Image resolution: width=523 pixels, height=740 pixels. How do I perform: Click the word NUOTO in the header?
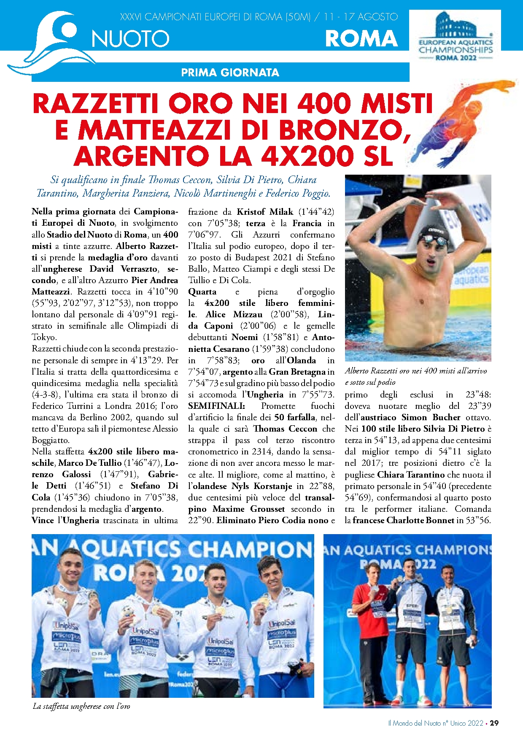click(x=130, y=39)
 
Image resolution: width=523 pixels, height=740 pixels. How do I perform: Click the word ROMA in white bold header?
click(x=361, y=39)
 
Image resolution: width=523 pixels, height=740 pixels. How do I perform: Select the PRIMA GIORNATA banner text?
click(x=230, y=73)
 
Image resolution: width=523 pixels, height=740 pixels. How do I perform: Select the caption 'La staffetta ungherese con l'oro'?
click(x=81, y=706)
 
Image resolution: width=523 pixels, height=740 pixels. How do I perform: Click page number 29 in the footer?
click(x=494, y=723)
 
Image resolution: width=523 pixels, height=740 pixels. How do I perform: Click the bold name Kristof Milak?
click(x=264, y=212)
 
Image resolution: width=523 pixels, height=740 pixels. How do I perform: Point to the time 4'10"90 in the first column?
click(x=162, y=292)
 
